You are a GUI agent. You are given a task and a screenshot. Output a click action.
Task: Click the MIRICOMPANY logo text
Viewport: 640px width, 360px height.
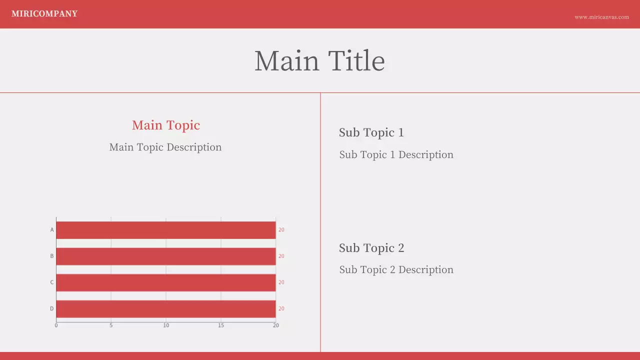(44, 14)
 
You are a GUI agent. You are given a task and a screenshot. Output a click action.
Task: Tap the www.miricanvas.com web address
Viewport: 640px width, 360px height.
(601, 17)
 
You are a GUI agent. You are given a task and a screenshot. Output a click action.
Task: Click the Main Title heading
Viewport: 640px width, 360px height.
(319, 61)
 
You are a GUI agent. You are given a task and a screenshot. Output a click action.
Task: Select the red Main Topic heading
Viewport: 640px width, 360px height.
(166, 125)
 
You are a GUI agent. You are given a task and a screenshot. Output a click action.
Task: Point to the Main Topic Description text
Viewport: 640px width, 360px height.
(165, 147)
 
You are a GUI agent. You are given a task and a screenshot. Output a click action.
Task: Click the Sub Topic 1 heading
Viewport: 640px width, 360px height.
(371, 132)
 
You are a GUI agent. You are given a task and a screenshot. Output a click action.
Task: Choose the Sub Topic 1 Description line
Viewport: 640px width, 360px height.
(396, 154)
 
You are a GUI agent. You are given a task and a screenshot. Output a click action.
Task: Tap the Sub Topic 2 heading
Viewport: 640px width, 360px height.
(371, 248)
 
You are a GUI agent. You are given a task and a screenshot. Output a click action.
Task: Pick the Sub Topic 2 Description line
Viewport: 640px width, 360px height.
(396, 269)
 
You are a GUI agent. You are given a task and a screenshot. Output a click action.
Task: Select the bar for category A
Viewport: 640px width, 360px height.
(165, 230)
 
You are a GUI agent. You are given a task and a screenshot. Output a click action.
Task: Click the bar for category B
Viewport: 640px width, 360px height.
(165, 256)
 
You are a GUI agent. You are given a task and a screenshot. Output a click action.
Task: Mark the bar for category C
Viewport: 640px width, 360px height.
(165, 282)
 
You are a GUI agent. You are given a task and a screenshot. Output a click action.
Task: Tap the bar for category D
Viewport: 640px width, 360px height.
(165, 308)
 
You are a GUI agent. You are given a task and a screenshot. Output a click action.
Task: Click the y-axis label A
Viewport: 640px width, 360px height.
(52, 230)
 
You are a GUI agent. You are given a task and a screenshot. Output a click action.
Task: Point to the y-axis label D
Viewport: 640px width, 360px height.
(51, 308)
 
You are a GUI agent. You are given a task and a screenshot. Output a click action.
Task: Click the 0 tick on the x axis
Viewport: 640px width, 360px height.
(56, 325)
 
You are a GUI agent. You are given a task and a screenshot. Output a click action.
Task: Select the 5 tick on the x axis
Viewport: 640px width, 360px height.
(111, 325)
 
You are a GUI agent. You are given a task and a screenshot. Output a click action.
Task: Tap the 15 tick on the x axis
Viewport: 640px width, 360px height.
(221, 325)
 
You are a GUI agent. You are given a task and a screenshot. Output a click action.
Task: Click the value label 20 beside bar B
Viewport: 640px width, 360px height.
(281, 256)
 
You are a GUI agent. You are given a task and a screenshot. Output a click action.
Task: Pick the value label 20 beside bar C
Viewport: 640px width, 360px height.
(281, 282)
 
